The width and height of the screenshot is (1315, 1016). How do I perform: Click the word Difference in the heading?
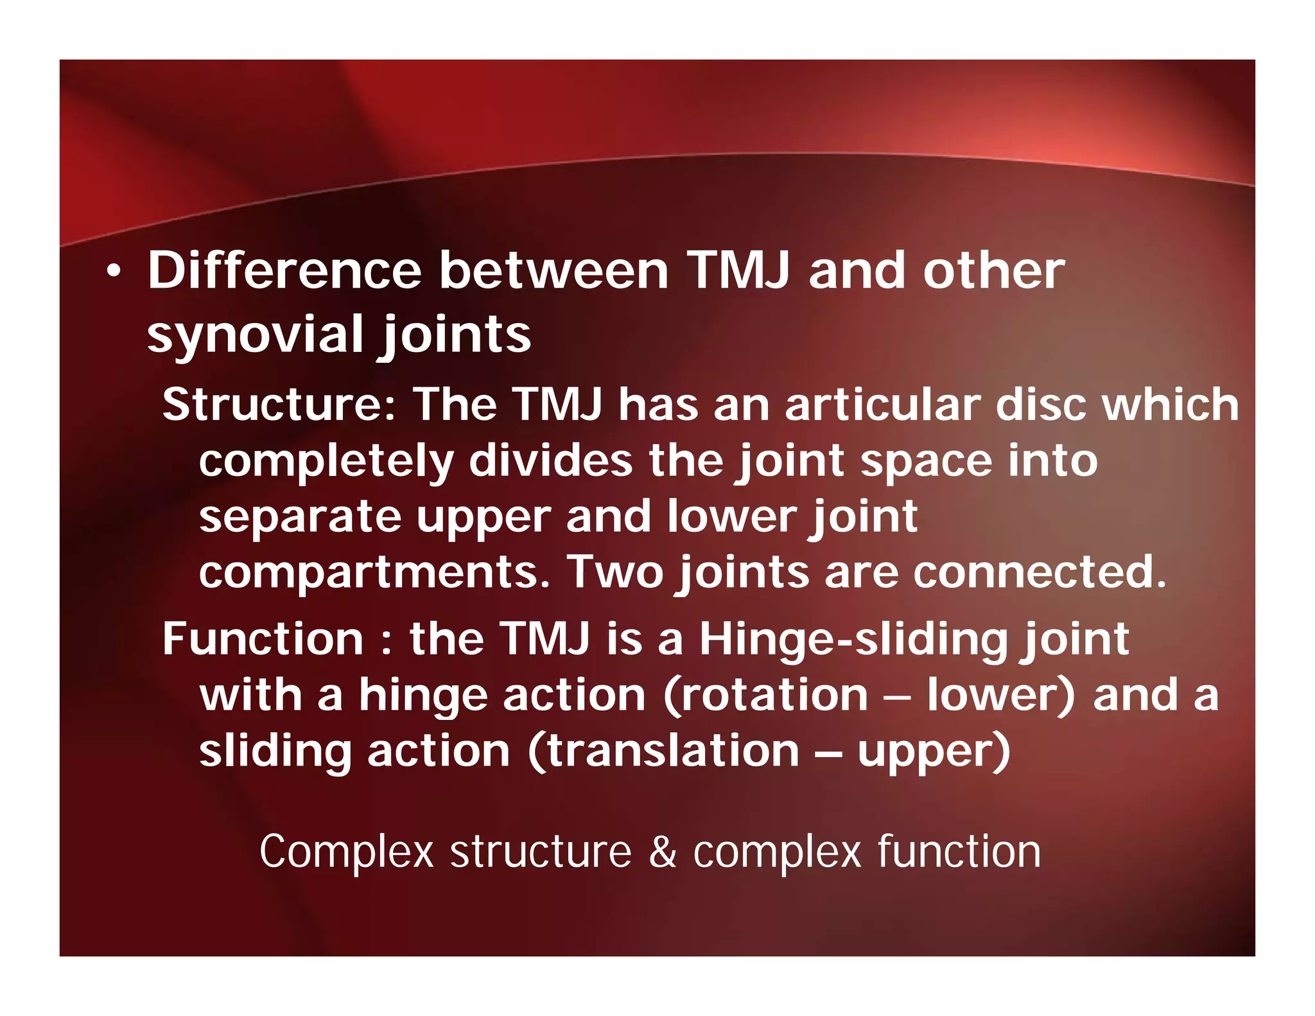[284, 270]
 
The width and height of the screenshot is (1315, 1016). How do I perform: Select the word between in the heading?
[553, 270]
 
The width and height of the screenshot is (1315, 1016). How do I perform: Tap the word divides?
[551, 460]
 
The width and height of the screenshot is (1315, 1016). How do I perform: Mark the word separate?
[300, 518]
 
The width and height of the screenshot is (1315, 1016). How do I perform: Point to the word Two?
[614, 572]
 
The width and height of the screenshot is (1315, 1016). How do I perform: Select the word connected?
[1038, 572]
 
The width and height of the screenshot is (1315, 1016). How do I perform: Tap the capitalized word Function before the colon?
[263, 639]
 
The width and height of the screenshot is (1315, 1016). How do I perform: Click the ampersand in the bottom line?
[663, 852]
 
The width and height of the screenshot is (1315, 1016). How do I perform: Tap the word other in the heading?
[994, 270]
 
